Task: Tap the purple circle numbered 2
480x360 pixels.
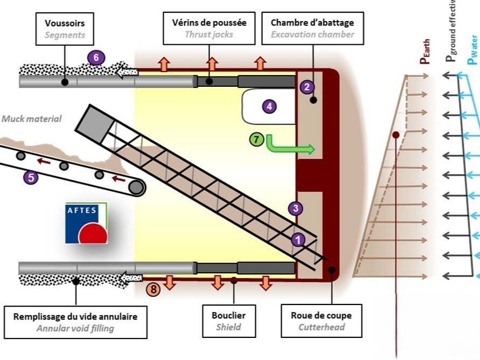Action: (307, 86)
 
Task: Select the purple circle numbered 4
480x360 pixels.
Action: (269, 107)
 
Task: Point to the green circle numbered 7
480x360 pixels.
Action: (257, 140)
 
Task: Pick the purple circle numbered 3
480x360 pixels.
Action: (295, 209)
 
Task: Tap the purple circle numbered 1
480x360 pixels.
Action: (297, 239)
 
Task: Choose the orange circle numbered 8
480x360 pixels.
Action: (154, 289)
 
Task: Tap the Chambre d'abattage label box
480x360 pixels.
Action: (312, 29)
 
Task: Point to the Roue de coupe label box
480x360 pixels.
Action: (322, 321)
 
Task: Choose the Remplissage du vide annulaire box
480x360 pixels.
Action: (75, 322)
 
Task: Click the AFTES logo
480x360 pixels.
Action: (86, 223)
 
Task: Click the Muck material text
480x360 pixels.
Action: (32, 119)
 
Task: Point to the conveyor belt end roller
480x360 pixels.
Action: (136, 187)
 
